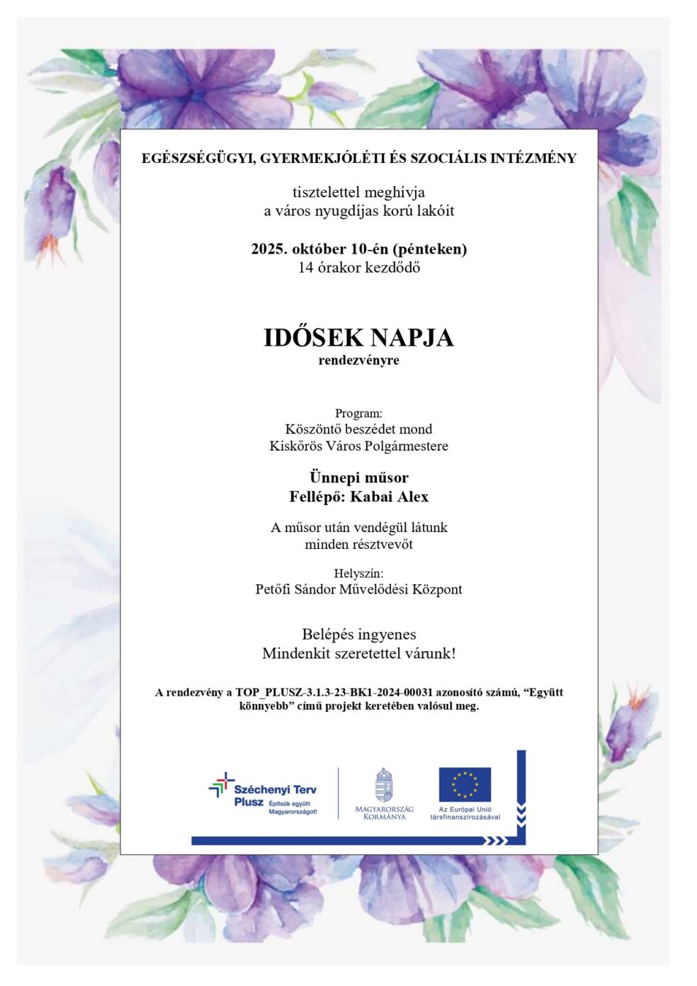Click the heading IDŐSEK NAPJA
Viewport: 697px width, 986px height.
click(358, 337)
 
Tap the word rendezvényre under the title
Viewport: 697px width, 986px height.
click(358, 361)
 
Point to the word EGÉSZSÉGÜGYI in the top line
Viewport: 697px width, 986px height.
click(198, 158)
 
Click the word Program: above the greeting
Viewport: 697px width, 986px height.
click(358, 413)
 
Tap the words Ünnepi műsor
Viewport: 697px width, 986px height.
click(358, 477)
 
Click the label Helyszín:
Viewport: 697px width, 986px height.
click(358, 573)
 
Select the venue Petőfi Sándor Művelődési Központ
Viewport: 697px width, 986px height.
click(358, 589)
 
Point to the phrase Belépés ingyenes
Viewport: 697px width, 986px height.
click(358, 634)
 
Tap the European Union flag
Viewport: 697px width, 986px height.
click(465, 784)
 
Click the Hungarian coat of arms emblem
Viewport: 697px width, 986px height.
click(384, 786)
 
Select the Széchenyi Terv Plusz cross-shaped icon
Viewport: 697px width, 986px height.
click(221, 785)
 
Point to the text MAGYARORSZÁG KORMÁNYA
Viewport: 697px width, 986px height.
click(385, 812)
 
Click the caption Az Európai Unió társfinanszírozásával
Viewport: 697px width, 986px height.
click(465, 813)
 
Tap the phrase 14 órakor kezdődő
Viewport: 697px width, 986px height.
click(358, 268)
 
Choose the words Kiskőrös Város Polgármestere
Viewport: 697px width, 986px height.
click(358, 446)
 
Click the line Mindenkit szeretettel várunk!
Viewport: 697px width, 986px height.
click(358, 653)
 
